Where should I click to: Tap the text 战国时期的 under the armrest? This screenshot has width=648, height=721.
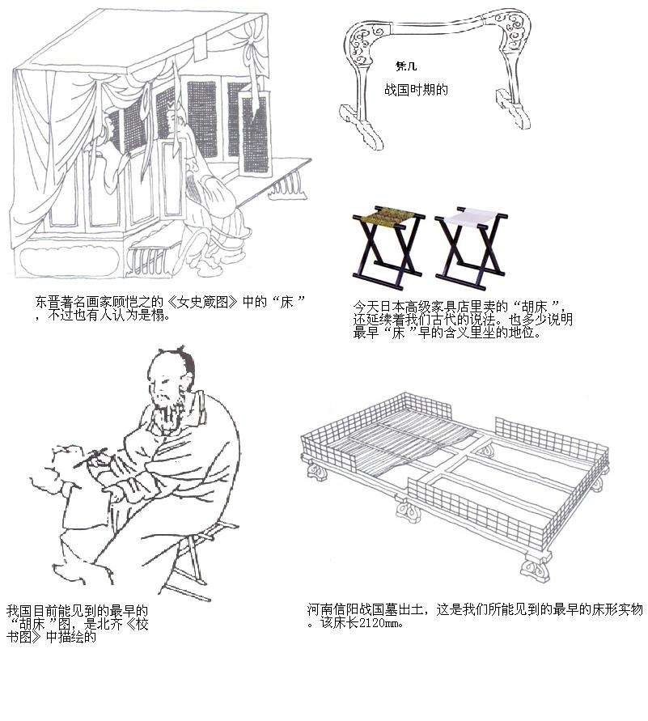(416, 90)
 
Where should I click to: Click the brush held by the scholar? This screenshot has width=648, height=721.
(91, 459)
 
